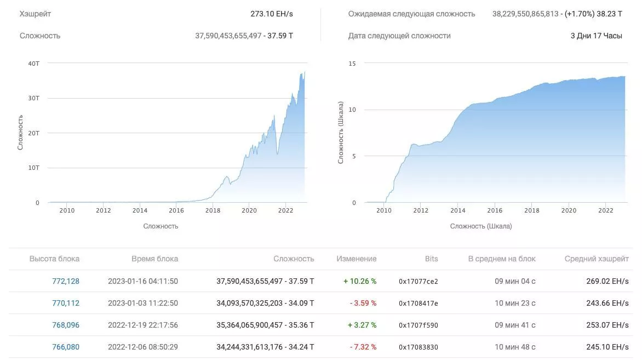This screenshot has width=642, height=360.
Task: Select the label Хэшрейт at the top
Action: [x=35, y=14]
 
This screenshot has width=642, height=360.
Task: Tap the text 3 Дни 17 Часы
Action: [x=596, y=36]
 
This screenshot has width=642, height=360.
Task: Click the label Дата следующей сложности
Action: [x=399, y=36]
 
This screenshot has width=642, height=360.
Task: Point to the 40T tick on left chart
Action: [x=33, y=64]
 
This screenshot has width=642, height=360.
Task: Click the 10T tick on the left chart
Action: [x=33, y=168]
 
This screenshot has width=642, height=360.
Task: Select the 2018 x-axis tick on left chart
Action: [x=213, y=210]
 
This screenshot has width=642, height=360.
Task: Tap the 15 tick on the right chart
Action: [x=352, y=64]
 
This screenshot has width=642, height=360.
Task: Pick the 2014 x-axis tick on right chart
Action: [x=457, y=210]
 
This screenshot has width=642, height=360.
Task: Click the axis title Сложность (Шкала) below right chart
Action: [x=481, y=226]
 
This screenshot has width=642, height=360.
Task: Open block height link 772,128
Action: [x=66, y=281]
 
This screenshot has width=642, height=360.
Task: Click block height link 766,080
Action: [x=66, y=347]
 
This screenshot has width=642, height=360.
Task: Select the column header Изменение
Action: [x=356, y=259]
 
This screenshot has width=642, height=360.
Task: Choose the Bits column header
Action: [x=431, y=259]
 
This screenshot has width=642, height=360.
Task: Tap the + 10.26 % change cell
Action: [x=360, y=281]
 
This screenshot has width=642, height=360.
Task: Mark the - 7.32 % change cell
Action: [x=363, y=347]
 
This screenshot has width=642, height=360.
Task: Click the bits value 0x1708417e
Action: [x=418, y=303]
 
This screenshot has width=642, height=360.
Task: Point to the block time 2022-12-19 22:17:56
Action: [x=142, y=325]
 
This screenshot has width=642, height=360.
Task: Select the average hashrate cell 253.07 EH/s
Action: [x=607, y=325]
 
